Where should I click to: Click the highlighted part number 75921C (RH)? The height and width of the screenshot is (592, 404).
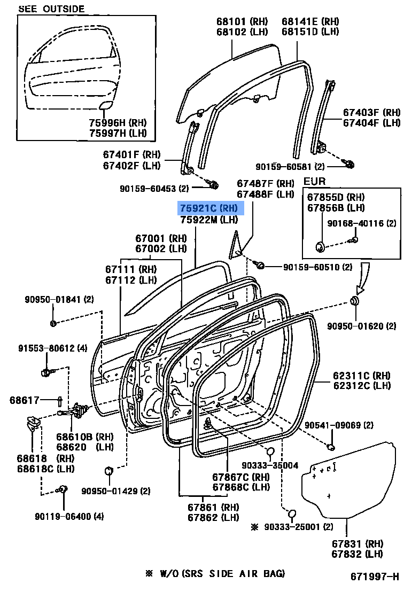pos(211,208)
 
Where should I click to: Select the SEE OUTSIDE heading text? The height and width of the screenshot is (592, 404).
pos(51,9)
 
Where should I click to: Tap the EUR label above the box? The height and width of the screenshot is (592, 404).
pos(314,182)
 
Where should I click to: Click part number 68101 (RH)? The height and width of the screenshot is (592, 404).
pos(242,22)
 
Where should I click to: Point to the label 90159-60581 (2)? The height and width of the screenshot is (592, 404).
pos(290,166)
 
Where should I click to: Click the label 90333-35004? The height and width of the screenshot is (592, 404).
pos(269,466)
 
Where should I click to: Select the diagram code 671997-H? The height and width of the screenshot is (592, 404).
pos(375,577)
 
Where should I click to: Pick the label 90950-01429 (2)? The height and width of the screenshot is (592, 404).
pos(115,490)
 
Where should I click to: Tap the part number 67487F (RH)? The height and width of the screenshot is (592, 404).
pos(266,183)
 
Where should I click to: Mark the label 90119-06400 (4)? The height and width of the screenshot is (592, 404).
pos(69,516)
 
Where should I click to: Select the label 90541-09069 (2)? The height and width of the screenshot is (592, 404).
pos(346,425)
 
